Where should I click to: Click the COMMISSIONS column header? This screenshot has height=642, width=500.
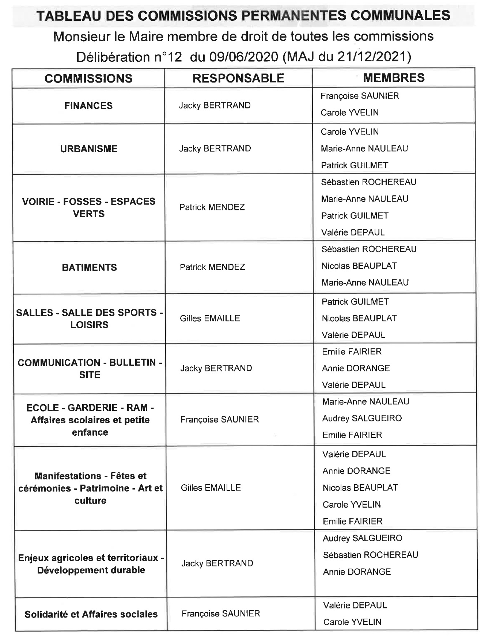point(88,79)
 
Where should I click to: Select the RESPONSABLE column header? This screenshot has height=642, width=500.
point(238,78)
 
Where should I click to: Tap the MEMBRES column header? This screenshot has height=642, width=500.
point(394,78)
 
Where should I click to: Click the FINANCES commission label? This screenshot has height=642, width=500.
point(88,106)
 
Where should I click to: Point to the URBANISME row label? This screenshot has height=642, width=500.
point(89,149)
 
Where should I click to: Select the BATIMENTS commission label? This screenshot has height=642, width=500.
point(90,268)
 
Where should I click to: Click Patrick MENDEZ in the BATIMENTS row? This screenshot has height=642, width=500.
point(212,267)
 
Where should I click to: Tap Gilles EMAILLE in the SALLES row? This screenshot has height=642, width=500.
point(210,318)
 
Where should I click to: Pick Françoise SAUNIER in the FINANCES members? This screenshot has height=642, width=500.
point(360,96)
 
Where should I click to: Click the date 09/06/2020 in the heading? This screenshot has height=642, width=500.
point(244,57)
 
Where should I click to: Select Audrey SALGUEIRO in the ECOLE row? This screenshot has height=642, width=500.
point(362,419)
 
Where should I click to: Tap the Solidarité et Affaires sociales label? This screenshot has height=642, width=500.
point(91,614)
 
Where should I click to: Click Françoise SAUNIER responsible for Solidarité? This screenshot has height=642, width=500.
point(221,614)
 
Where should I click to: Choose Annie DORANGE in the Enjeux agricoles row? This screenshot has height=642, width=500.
point(357,572)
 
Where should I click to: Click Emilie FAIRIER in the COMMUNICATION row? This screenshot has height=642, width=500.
point(352,352)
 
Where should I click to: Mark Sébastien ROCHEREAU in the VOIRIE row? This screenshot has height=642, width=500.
point(368,182)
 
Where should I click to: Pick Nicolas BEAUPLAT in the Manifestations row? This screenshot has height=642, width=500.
point(360,488)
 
